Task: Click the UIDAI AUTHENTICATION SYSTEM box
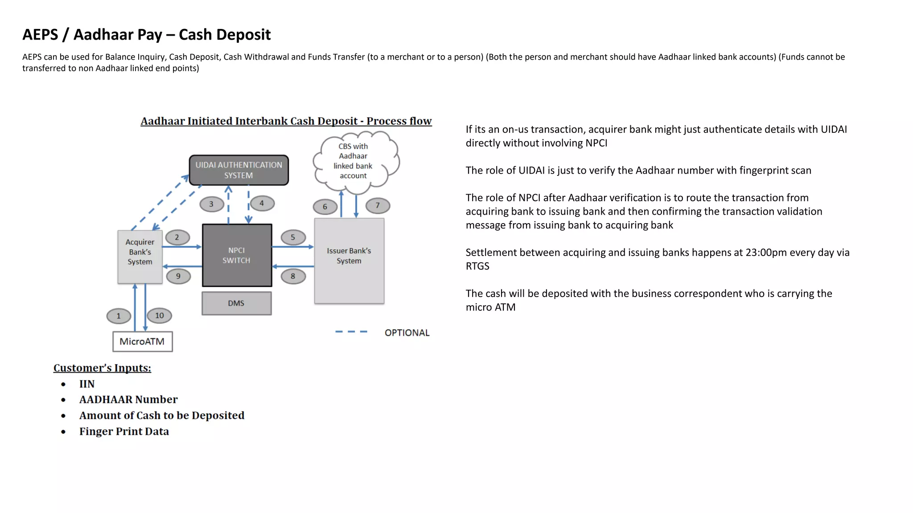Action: pos(239,170)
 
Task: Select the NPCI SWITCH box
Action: pos(237,255)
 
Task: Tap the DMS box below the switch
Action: pos(236,303)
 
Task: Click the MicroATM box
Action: pos(142,342)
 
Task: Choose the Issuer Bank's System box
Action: pos(349,261)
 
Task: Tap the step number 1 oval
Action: pos(119,316)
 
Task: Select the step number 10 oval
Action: pos(159,316)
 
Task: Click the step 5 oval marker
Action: pos(293,237)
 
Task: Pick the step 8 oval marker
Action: pos(293,276)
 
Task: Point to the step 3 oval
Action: pos(211,204)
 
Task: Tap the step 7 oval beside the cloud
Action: pos(378,205)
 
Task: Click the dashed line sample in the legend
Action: pos(351,332)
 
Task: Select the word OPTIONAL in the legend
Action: pos(407,333)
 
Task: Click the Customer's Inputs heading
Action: pos(102,368)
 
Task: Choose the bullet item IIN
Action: pos(87,384)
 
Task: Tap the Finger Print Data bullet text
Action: pos(124,432)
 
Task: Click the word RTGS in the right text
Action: pos(477,266)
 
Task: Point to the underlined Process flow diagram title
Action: pos(286,121)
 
